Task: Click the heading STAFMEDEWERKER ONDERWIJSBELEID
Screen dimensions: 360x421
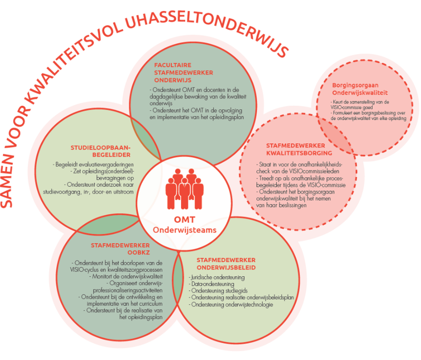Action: pyautogui.click(x=226, y=263)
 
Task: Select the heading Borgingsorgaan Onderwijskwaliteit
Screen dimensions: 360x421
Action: pyautogui.click(x=360, y=87)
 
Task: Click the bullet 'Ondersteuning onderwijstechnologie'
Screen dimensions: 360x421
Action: pyautogui.click(x=232, y=304)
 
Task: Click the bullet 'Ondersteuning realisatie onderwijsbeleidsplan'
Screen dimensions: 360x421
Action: pyautogui.click(x=242, y=297)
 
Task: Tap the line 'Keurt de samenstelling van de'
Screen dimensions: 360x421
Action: pyautogui.click(x=360, y=101)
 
